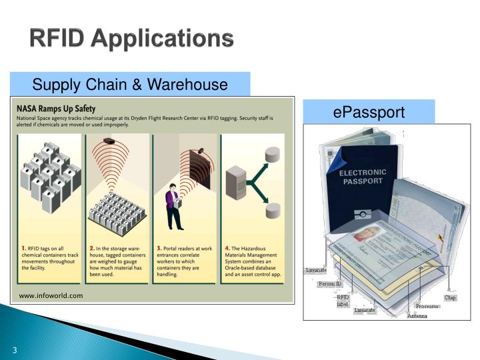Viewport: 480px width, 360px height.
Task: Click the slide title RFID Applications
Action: click(x=131, y=39)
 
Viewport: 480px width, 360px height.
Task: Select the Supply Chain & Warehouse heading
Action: click(x=130, y=85)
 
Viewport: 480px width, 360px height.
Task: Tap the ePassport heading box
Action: click(x=369, y=112)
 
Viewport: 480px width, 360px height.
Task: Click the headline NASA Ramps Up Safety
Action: click(x=56, y=108)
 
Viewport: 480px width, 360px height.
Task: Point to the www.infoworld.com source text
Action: click(x=51, y=295)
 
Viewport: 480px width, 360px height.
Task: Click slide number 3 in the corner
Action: click(x=13, y=351)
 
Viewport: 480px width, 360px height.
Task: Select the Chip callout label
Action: click(x=451, y=297)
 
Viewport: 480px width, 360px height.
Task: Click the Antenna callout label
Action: click(x=417, y=315)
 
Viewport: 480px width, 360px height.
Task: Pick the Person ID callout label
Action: click(x=329, y=284)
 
